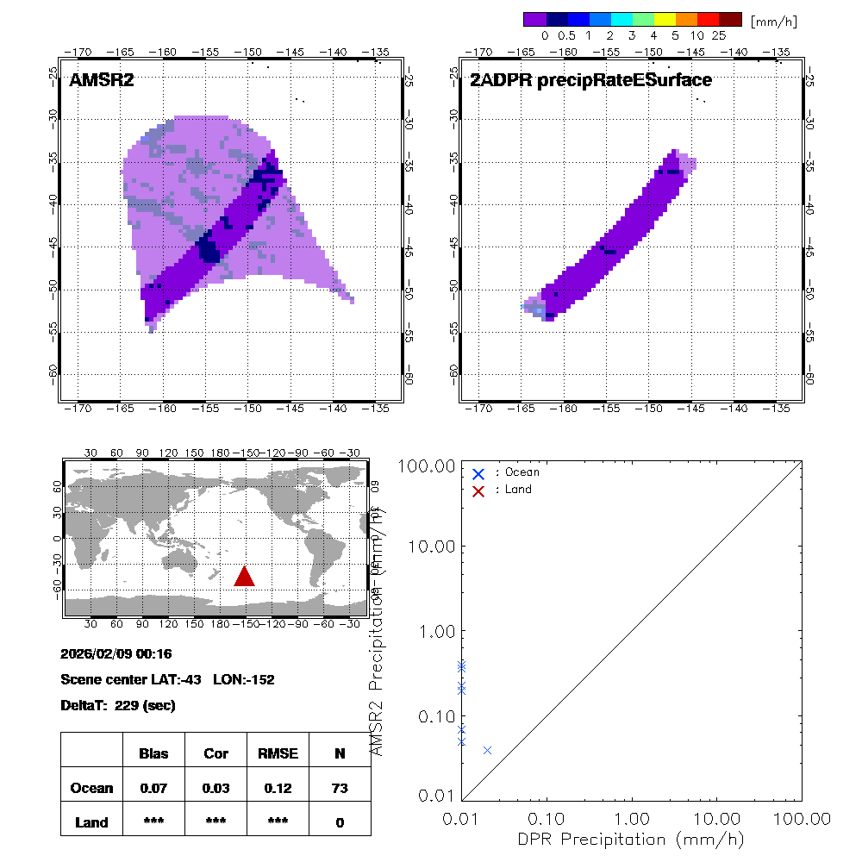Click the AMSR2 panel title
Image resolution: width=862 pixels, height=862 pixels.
coord(102,81)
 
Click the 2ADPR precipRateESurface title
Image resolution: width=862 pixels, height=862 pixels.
coord(590,81)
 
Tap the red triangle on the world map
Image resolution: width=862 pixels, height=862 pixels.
coord(245,577)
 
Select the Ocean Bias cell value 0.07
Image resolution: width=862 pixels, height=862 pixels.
coord(153,788)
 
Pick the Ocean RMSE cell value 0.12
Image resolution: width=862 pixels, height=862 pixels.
coord(278,788)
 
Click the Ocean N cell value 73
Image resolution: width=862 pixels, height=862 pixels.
coord(340,788)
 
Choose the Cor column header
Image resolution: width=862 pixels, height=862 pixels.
coord(215,753)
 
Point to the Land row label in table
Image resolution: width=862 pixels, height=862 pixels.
coord(91,822)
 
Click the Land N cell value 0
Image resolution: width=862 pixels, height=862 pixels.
coord(340,822)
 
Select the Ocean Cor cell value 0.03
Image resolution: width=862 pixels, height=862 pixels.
coord(215,788)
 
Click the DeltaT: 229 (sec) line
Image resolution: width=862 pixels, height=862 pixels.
coord(118,706)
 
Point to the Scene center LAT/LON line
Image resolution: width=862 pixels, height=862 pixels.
coord(167,680)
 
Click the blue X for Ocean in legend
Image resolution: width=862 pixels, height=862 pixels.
coord(478,473)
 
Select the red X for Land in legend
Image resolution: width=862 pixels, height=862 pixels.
coord(478,490)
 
